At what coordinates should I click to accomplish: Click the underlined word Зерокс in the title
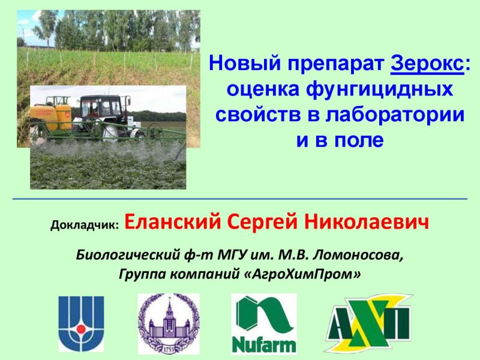(427, 64)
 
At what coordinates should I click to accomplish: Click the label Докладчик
(85, 225)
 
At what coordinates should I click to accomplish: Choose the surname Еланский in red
(172, 223)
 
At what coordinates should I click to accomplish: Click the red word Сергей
(262, 223)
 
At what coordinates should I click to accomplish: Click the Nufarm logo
(264, 323)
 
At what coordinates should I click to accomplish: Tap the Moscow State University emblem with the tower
(169, 323)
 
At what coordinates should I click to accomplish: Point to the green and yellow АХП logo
(368, 323)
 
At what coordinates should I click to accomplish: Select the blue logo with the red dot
(81, 323)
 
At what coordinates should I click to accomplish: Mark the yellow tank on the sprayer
(51, 117)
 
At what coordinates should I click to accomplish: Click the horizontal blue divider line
(240, 199)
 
